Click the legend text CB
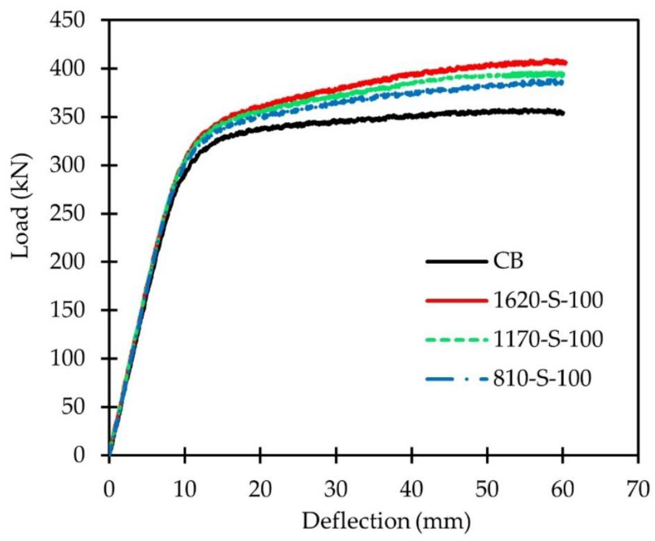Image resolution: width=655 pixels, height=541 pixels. [508, 261]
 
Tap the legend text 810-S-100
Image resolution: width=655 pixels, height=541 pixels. [542, 379]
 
